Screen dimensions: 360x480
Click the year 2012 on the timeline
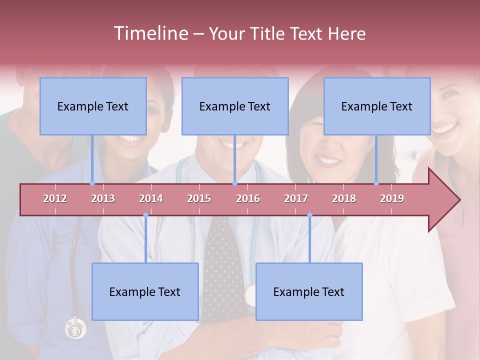[55, 198]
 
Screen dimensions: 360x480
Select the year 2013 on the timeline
[103, 198]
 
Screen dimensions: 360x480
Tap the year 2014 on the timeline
[151, 198]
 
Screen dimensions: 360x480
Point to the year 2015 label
[199, 198]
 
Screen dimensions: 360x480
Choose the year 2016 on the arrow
[248, 198]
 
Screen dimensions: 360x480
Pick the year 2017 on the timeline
[296, 198]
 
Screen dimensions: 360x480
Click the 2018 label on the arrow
[344, 198]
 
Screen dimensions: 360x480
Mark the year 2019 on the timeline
[392, 198]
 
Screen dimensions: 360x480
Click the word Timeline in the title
[150, 33]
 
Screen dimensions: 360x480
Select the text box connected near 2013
[93, 106]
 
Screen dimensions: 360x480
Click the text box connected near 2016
[235, 106]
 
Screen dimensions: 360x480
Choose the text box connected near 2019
[377, 106]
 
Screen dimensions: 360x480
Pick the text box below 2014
[145, 291]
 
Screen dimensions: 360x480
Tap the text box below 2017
[309, 291]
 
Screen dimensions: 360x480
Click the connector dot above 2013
[92, 183]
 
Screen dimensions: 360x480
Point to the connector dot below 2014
[145, 215]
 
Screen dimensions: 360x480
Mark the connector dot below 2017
[309, 215]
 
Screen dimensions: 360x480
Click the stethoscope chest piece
[75, 329]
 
